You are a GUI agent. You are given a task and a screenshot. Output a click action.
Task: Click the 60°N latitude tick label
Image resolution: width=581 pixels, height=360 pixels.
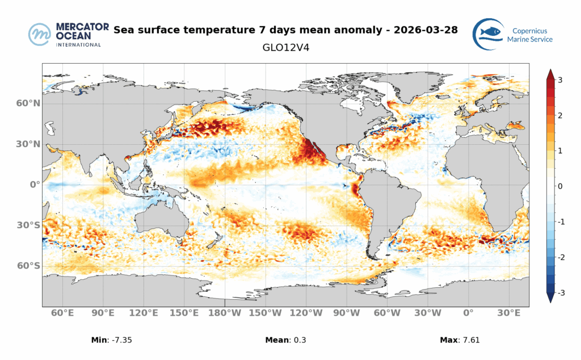pos(28,103)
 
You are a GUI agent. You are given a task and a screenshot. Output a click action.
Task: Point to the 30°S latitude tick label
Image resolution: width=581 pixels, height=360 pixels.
pos(28,225)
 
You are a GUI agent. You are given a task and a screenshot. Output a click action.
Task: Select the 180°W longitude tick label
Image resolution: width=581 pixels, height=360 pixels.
pos(226,313)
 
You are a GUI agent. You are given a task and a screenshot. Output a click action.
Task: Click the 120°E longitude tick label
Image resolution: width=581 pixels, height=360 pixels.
pos(144,313)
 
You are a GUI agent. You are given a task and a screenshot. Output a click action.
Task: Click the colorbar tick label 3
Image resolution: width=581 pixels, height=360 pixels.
pos(560,80)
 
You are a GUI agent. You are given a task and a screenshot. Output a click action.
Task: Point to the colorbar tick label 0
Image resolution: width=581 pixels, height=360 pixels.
pos(560,186)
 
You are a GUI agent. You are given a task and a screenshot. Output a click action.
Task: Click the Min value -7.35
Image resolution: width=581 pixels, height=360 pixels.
pos(124,340)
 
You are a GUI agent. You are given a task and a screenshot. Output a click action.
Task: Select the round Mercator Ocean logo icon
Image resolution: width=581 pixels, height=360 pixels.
pos(40,35)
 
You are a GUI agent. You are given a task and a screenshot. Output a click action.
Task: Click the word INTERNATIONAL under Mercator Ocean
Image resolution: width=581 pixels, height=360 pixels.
pos(78,44)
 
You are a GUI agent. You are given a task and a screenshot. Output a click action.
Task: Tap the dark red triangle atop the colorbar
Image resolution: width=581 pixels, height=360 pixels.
pos(549,74)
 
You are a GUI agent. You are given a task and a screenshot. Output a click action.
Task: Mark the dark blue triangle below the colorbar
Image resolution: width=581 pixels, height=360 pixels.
pos(549,298)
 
